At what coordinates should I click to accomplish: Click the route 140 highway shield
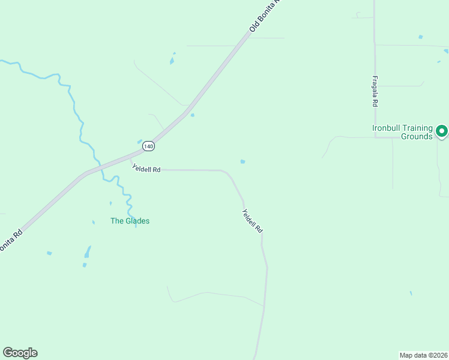pos(149,146)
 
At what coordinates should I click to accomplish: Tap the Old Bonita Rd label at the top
pos(265,17)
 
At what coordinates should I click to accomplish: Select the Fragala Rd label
pos(374,91)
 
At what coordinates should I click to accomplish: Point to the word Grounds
pos(417,136)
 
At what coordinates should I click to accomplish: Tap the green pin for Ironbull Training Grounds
pos(442,130)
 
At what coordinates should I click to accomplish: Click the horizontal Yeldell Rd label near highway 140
pos(146,170)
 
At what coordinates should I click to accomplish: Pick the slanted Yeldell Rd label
pos(252,221)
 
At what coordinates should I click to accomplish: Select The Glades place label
pos(130,221)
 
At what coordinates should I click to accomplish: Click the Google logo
pos(20,353)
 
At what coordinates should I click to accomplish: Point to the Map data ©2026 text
pos(423,355)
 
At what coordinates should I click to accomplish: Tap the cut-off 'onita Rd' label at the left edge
pos(11,238)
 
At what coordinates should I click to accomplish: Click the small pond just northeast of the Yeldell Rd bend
pos(243,161)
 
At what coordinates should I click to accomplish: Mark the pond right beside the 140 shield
pos(140,142)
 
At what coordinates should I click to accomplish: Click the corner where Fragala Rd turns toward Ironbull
pos(375,137)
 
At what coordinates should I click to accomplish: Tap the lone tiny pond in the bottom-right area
pos(411,293)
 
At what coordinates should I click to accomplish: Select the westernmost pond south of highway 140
pos(49,253)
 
